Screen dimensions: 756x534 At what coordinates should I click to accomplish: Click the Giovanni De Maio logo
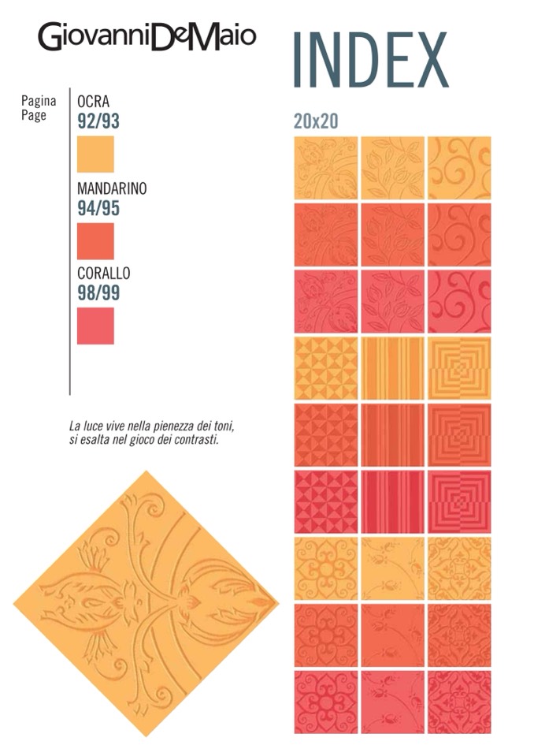tap(147, 37)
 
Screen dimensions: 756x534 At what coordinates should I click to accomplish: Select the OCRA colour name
tap(93, 102)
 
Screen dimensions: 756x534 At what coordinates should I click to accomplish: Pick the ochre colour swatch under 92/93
tap(95, 154)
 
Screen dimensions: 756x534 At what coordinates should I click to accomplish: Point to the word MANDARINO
tap(112, 189)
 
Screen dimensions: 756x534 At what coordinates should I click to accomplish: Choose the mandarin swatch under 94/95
tap(95, 240)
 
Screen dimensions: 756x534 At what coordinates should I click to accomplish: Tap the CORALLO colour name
tap(103, 274)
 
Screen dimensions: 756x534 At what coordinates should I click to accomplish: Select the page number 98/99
tap(98, 292)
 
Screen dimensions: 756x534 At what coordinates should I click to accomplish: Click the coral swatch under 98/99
tap(95, 326)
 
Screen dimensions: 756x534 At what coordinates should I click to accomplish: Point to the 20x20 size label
tap(316, 121)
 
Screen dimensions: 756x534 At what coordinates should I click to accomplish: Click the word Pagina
tap(39, 101)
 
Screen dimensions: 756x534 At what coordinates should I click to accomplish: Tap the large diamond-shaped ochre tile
tap(146, 603)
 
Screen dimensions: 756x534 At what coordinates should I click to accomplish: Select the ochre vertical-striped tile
tap(392, 368)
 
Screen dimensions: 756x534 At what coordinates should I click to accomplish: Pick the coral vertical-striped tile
tap(392, 501)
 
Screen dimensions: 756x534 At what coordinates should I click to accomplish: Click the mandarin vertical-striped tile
tap(392, 434)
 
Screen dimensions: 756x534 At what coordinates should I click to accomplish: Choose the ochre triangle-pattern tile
tap(326, 368)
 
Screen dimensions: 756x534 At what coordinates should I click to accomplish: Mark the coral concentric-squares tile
tap(458, 501)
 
